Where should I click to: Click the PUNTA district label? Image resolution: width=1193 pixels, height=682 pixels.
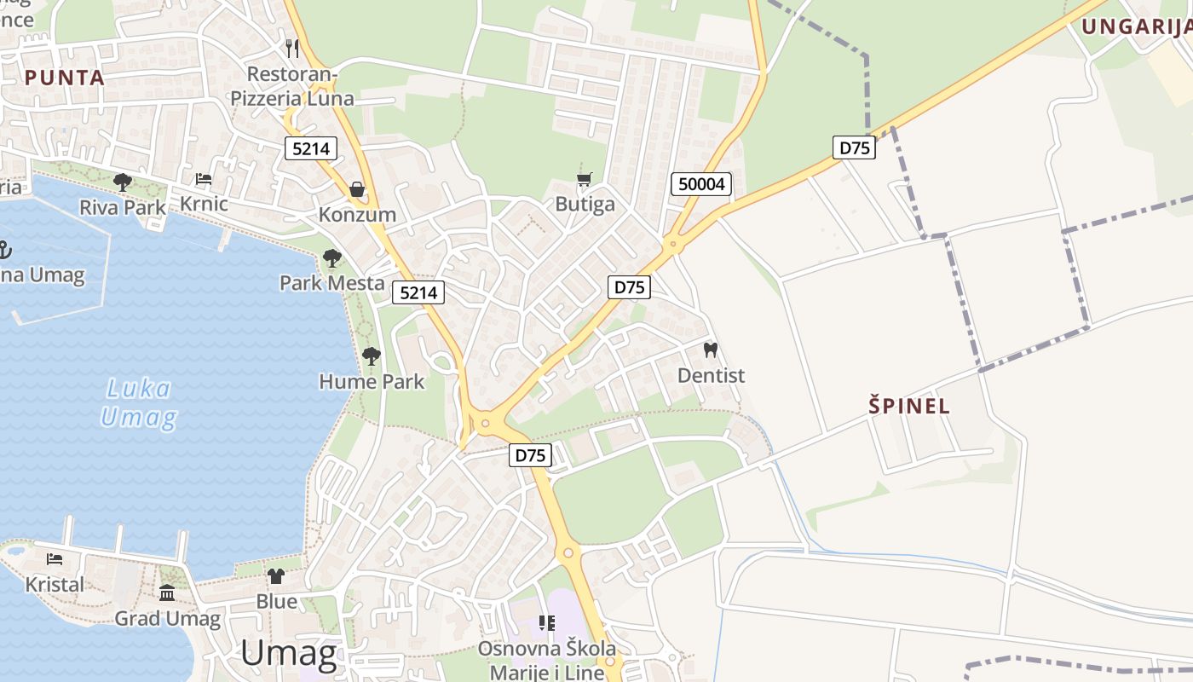[65, 78]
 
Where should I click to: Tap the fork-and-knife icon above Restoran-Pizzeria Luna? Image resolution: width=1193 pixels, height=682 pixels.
[292, 48]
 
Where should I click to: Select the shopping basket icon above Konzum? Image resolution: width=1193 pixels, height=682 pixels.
[357, 188]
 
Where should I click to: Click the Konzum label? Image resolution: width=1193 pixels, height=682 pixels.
[357, 214]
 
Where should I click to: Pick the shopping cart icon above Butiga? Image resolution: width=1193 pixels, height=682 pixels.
[584, 179]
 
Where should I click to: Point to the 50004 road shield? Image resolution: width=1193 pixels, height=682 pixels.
[701, 184]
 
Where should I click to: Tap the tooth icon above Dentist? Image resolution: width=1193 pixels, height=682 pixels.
[710, 350]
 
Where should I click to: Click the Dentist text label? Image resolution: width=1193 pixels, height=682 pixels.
[711, 375]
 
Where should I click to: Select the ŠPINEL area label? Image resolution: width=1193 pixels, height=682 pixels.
[909, 406]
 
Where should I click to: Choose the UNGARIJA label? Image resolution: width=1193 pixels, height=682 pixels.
[1136, 26]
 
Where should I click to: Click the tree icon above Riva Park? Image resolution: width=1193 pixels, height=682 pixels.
[123, 182]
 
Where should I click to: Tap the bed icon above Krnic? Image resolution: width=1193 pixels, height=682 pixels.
[204, 179]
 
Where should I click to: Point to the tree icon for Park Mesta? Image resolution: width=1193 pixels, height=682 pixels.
[332, 257]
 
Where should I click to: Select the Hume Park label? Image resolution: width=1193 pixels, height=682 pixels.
[372, 381]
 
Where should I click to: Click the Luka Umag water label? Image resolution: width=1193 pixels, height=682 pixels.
[138, 403]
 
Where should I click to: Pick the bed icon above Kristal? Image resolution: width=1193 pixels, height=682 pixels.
[55, 559]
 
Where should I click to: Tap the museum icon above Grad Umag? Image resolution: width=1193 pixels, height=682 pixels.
[167, 592]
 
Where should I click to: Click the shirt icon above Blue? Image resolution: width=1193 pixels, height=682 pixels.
[276, 576]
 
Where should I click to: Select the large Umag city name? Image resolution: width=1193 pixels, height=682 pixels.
[289, 653]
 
